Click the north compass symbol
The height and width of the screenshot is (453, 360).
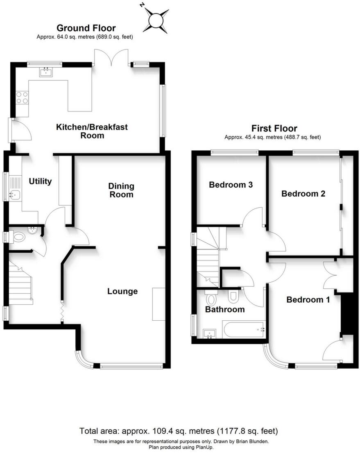coord(156,19)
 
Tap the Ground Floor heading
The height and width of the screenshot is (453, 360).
coord(86,28)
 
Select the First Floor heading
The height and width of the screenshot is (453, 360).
coord(274,129)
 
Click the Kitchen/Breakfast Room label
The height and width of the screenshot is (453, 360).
coord(92,131)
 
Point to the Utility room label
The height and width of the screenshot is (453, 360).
coord(40,181)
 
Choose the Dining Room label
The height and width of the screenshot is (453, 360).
coord(121,190)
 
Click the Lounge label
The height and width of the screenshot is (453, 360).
coord(122,292)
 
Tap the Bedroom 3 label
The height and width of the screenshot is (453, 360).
coord(231,185)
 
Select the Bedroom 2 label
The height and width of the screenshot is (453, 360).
coord(303,194)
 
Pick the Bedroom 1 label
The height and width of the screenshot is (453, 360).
coord(308,300)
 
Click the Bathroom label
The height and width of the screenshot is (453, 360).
coord(225,309)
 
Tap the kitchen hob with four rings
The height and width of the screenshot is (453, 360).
coord(22,97)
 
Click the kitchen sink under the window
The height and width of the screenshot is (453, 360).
coord(45,72)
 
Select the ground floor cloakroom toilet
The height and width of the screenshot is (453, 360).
coord(19,236)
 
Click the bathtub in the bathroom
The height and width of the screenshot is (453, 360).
coord(244,329)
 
